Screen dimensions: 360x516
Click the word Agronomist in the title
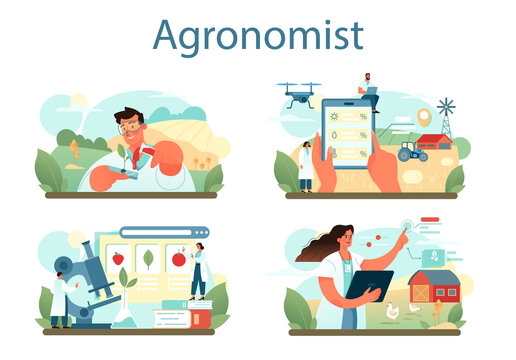click(257, 35)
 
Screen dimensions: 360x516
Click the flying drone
click(299, 93)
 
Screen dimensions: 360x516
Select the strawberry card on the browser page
click(117, 258)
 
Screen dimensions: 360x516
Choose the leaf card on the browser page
click(147, 258)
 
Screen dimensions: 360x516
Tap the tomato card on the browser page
click(178, 258)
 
